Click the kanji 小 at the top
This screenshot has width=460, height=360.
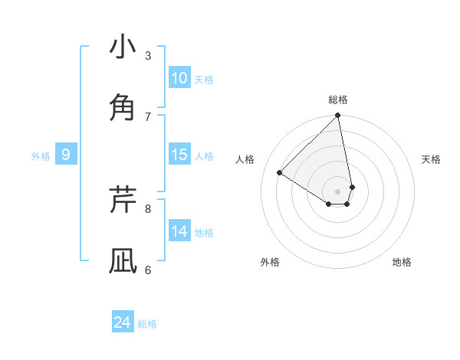click(123, 47)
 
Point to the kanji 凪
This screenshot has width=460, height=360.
click(123, 260)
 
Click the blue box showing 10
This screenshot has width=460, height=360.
click(179, 78)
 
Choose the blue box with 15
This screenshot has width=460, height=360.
click(179, 155)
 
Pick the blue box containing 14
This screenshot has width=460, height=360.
click(179, 231)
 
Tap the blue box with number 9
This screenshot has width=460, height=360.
click(66, 155)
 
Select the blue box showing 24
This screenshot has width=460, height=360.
click(123, 322)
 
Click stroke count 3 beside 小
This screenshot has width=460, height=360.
click(148, 55)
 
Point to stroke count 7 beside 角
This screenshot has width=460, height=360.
click(148, 116)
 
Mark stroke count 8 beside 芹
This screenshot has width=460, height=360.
click(148, 208)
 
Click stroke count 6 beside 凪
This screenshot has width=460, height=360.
click(148, 270)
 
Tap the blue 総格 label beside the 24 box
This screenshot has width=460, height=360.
click(147, 324)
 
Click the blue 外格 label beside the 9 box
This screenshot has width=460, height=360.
click(41, 156)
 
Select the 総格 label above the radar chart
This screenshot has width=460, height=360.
click(338, 100)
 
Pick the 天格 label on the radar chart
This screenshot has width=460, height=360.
click(432, 159)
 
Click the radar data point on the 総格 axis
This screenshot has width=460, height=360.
click(338, 116)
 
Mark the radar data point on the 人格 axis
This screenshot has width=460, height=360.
click(280, 173)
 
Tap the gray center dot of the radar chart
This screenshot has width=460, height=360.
click(338, 190)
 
